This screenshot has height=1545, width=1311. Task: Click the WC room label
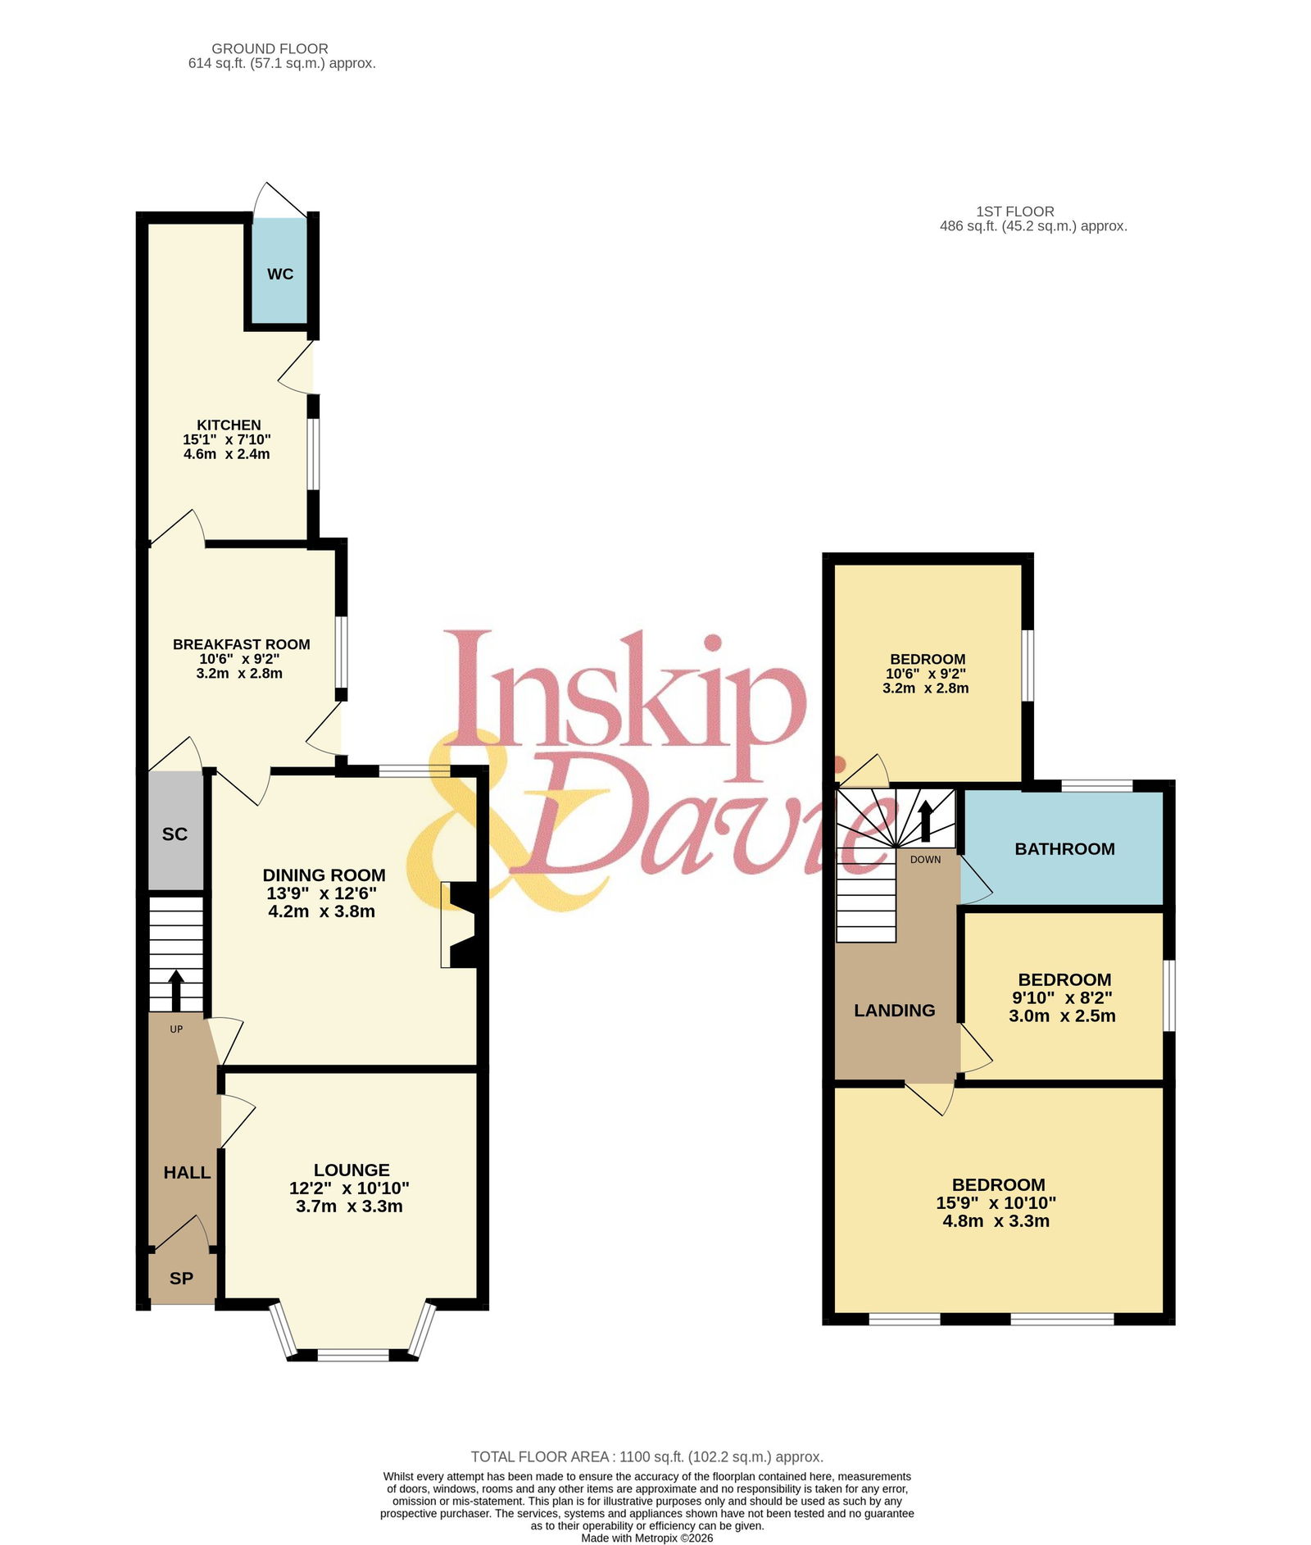[x=280, y=274]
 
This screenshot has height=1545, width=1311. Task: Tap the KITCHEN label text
[x=229, y=425]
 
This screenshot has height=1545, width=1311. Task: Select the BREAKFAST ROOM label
[x=242, y=644]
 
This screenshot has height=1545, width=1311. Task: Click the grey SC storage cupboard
[x=175, y=831]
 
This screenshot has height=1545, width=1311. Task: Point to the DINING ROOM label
[x=324, y=875]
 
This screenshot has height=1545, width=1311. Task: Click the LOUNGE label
[x=352, y=1170]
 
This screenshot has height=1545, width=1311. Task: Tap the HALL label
[x=187, y=1173]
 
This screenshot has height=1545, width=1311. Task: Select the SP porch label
[x=181, y=1278]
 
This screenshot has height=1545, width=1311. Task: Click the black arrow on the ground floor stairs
[x=176, y=990]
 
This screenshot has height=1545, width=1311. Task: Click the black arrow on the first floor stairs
[x=925, y=820]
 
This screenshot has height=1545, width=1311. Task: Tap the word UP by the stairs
[x=176, y=1029]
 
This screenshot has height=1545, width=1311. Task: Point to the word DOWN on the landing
[x=926, y=860]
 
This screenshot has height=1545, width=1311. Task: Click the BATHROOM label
[x=1064, y=849]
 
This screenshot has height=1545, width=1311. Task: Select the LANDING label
[x=895, y=1011]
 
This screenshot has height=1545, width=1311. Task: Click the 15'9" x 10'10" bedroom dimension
[x=996, y=1203]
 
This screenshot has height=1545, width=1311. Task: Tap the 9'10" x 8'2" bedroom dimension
[x=1063, y=998]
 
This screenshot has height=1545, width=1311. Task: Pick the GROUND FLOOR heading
[x=270, y=49]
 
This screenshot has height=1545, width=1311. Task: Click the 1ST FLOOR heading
[x=1015, y=211]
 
